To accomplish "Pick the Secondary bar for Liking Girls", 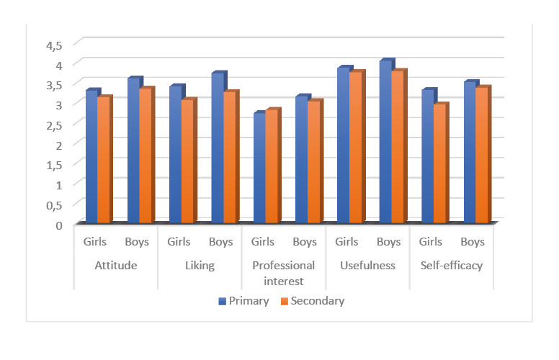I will pyautogui.click(x=187, y=162).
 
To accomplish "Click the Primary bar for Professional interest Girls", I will pyautogui.click(x=259, y=168).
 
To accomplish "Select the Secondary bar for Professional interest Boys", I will pyautogui.click(x=313, y=163).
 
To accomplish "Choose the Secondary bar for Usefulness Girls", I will pyautogui.click(x=355, y=148).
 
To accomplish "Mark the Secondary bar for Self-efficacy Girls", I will pyautogui.click(x=439, y=165).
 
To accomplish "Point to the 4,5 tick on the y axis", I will pyautogui.click(x=55, y=45).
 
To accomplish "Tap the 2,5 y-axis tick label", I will pyautogui.click(x=55, y=124).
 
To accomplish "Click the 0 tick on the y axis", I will pyautogui.click(x=60, y=225).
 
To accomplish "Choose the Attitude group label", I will pyautogui.click(x=116, y=266).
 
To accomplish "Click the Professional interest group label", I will pyautogui.click(x=283, y=273).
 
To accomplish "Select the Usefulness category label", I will pyautogui.click(x=367, y=266).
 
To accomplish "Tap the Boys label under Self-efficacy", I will pyautogui.click(x=473, y=242).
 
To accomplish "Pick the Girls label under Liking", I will pyautogui.click(x=179, y=242).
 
